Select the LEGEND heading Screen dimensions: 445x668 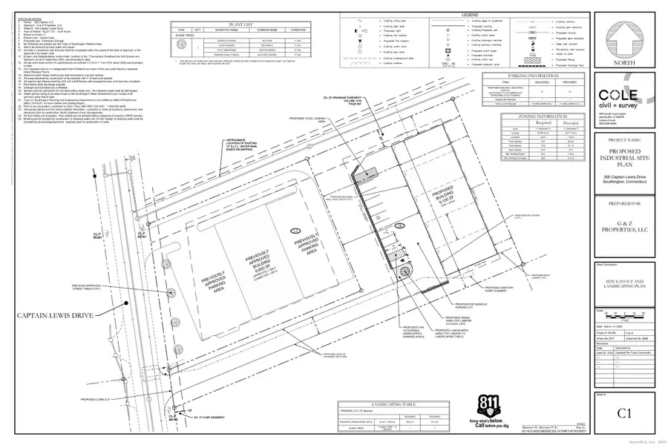click(469, 15)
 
